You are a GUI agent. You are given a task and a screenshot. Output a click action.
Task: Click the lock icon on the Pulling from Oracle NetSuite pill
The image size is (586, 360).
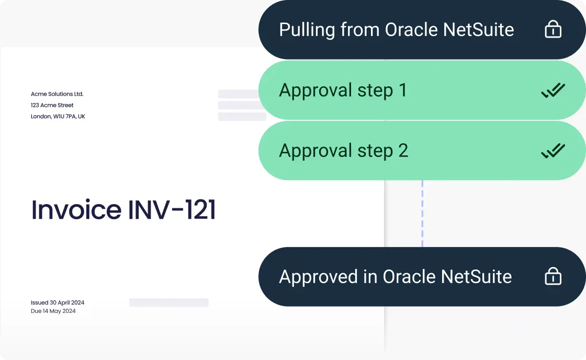(x=553, y=30)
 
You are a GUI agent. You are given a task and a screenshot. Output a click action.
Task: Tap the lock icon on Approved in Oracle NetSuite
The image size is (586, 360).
(x=553, y=276)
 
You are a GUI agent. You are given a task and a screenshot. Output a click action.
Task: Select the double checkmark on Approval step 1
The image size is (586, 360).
(x=553, y=91)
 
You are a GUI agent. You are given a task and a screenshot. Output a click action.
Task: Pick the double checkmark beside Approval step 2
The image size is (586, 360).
(x=553, y=151)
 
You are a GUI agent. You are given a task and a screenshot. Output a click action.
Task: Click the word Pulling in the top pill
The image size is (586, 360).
(x=307, y=30)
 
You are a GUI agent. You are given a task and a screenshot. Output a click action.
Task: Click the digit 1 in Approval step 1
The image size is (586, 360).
(x=402, y=91)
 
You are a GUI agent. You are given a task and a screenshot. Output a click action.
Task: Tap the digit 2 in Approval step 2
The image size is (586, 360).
(x=402, y=151)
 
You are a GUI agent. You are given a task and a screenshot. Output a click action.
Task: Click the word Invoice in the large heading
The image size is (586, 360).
(x=76, y=210)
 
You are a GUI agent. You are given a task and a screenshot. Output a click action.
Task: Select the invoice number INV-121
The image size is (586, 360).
(x=172, y=210)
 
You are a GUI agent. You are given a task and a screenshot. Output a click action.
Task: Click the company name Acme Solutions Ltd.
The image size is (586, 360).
(x=57, y=94)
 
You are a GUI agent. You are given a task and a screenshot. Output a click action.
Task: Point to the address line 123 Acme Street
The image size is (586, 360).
(x=52, y=105)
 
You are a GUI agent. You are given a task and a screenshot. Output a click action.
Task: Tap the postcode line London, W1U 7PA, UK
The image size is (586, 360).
(x=58, y=116)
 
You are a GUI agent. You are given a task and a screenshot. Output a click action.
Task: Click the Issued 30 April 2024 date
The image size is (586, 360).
(x=58, y=302)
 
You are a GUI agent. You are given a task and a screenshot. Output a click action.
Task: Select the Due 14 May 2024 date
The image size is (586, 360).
(x=53, y=311)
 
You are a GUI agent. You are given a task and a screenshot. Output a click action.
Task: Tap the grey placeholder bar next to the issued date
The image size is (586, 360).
(x=168, y=302)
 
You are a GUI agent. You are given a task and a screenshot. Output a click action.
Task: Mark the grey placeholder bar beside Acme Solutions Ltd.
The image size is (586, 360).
(x=239, y=94)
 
